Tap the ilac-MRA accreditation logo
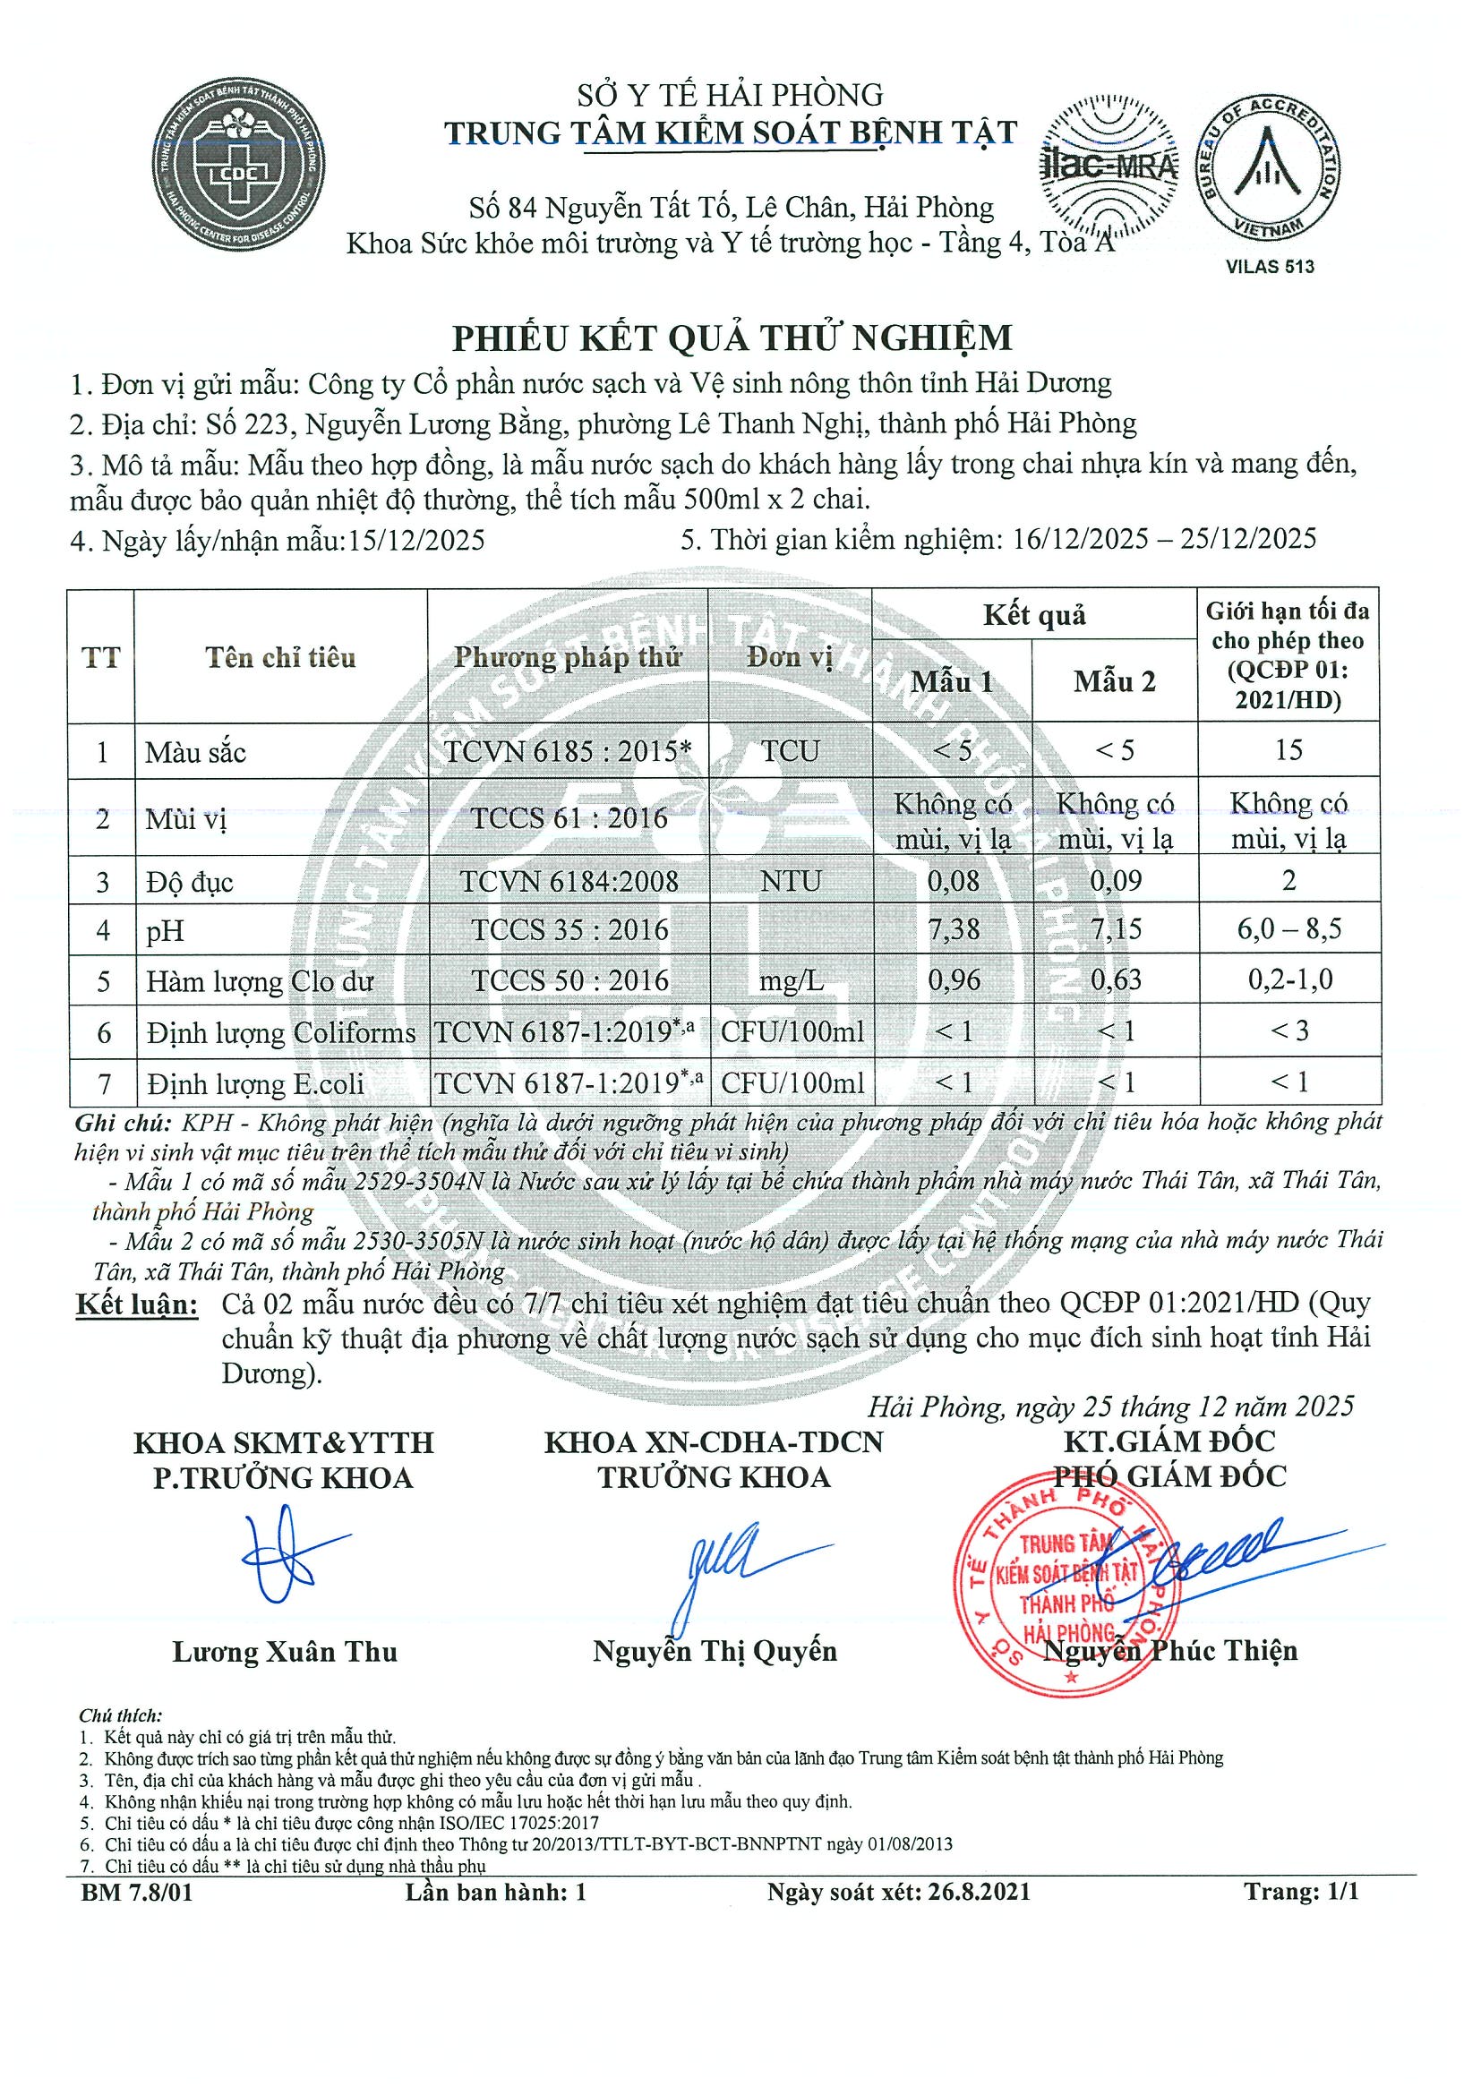1108,164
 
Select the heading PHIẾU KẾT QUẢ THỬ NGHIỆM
732,338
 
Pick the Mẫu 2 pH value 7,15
1114,930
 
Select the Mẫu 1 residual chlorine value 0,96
954,980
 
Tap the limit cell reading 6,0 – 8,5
1288,930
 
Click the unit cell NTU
791,882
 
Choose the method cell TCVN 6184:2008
569,882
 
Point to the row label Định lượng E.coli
255,1084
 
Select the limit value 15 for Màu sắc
1288,750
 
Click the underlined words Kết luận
136,1303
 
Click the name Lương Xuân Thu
285,1652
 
